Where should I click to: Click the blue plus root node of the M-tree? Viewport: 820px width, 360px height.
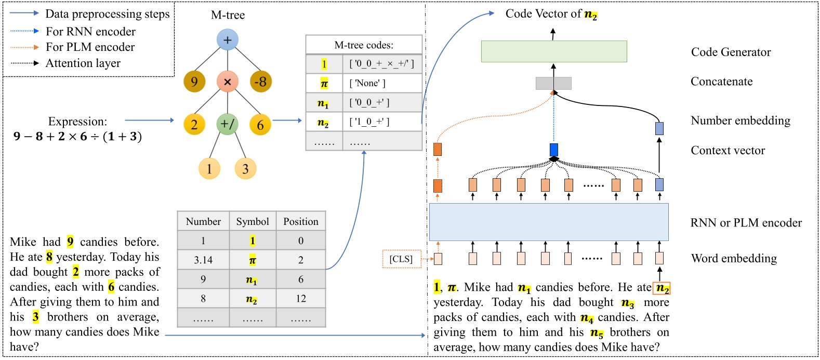(228, 40)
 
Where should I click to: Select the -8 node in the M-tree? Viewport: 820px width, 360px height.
(260, 82)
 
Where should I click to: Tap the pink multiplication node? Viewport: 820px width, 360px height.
(227, 82)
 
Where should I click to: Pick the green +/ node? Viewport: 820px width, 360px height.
(227, 124)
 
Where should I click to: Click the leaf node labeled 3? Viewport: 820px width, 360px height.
(245, 168)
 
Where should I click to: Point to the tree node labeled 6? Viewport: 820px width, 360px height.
(260, 125)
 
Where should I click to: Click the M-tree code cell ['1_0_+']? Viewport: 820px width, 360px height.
(382, 122)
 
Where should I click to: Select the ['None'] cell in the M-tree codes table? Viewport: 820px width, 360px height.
(382, 83)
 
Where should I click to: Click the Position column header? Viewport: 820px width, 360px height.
(300, 221)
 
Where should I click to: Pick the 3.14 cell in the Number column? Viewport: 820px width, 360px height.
(203, 260)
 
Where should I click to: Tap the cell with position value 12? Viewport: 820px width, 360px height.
(300, 298)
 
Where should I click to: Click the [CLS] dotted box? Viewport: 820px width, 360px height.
(401, 259)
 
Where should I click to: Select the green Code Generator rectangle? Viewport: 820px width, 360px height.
(554, 51)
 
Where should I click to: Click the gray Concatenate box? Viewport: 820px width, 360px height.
(553, 83)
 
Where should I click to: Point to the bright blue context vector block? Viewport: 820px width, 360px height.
(554, 150)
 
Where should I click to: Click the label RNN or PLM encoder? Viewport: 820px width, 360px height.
(746, 223)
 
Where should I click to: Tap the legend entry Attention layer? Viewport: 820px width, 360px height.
(83, 63)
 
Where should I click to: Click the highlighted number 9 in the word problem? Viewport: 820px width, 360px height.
(70, 242)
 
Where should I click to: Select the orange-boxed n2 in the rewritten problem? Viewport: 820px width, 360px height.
(662, 288)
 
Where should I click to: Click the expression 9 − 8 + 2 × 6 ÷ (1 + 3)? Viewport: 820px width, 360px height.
(78, 137)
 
